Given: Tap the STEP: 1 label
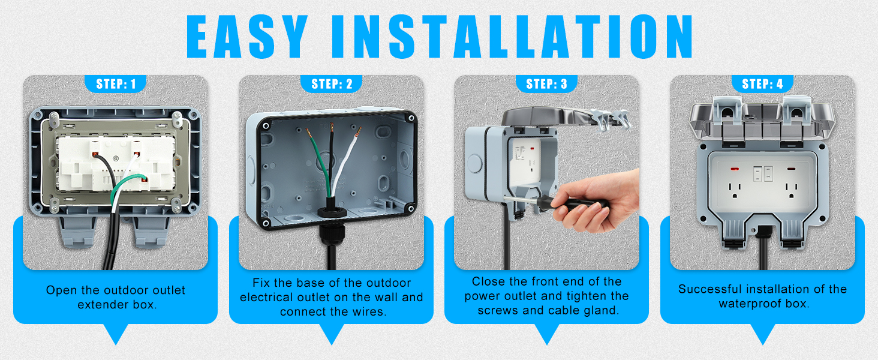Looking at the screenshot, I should (115, 83).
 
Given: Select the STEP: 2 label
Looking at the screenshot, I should (332, 83).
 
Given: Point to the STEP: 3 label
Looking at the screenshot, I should (546, 83).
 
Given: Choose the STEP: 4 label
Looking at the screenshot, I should (762, 83).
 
